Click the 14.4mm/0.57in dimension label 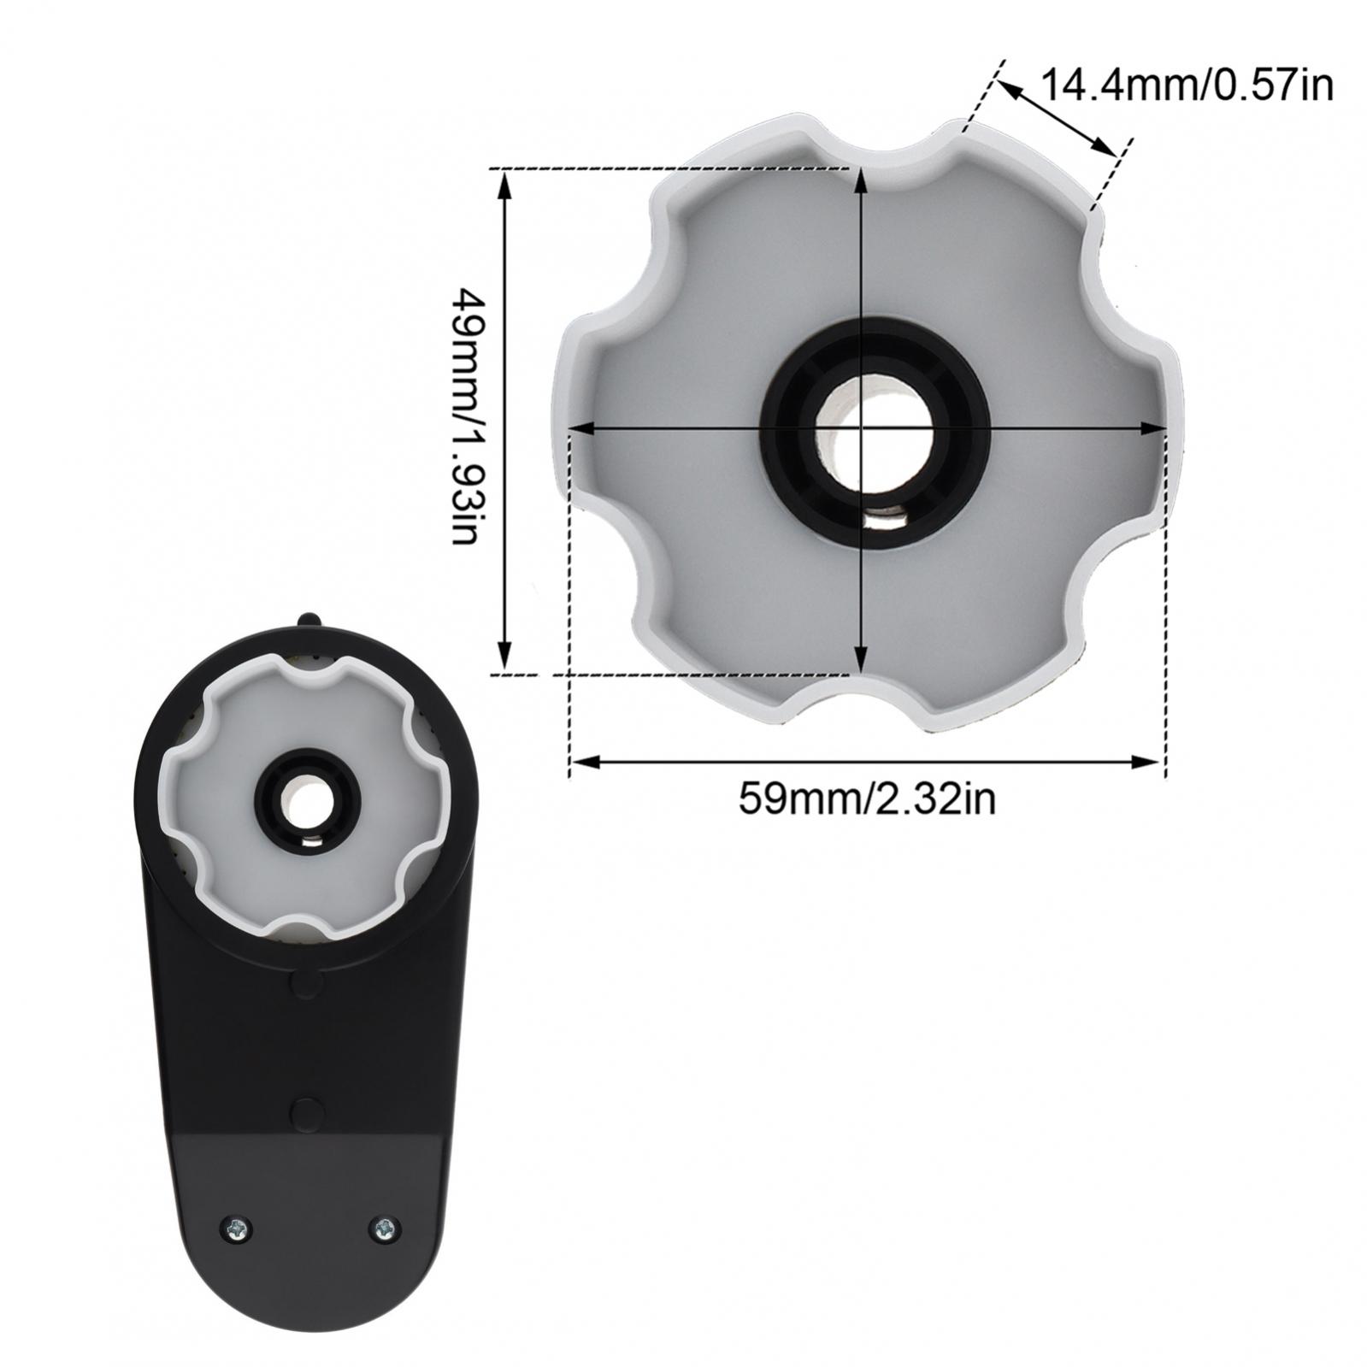pyautogui.click(x=1187, y=85)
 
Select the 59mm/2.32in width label pyautogui.click(x=868, y=800)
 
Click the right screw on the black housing pyautogui.click(x=384, y=1229)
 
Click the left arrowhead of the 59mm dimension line pyautogui.click(x=584, y=761)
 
